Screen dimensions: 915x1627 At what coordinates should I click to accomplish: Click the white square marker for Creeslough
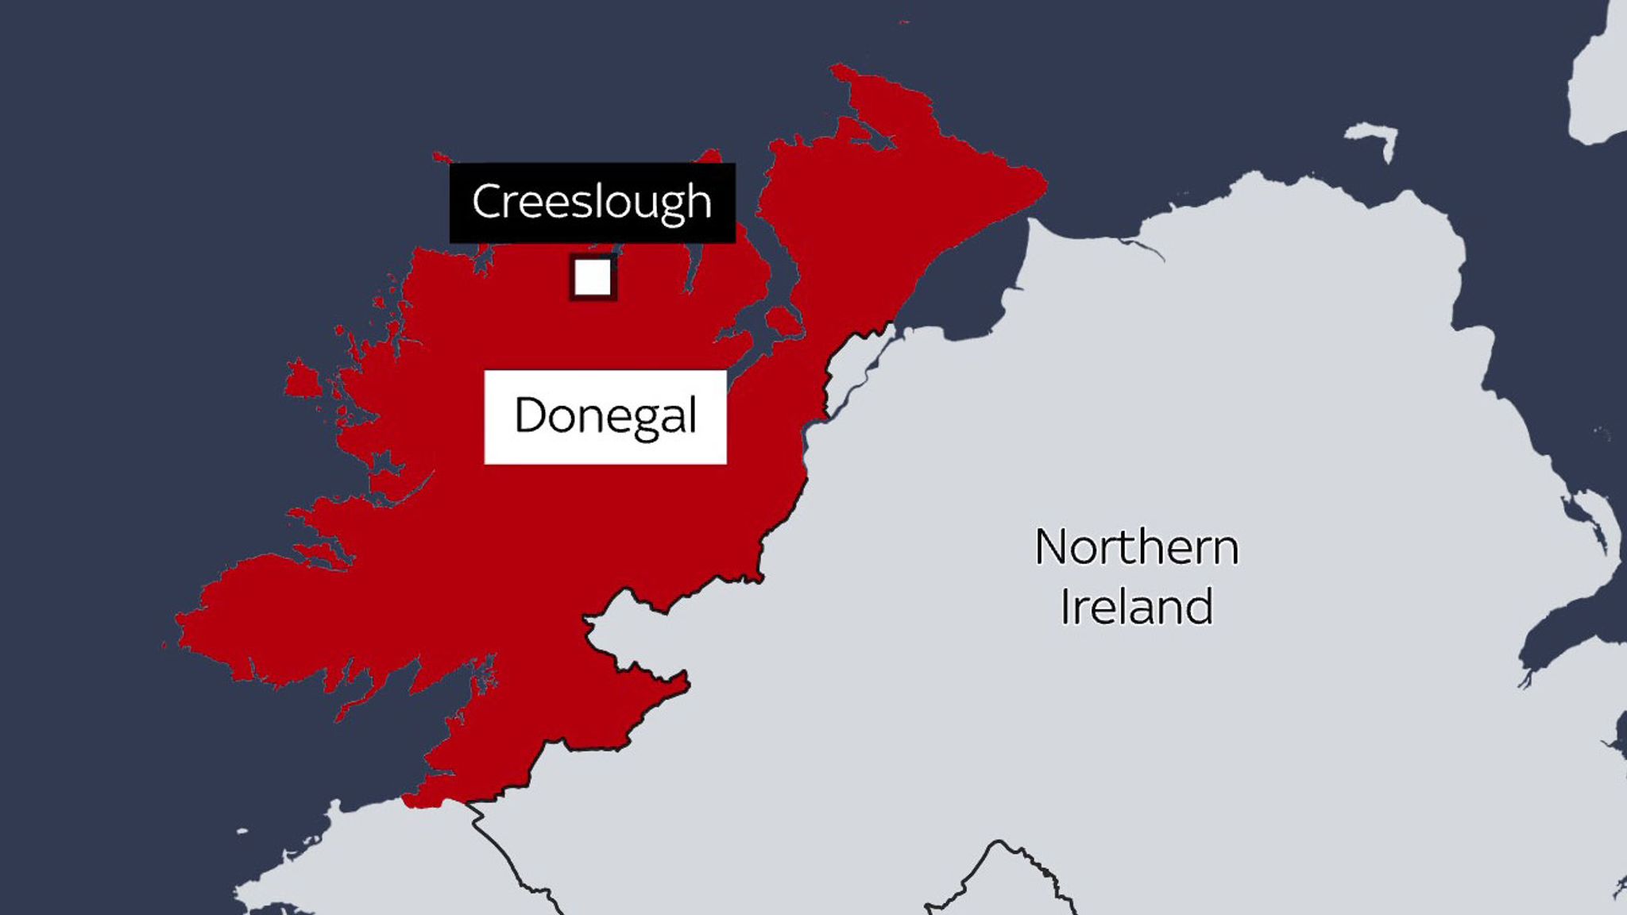click(x=593, y=277)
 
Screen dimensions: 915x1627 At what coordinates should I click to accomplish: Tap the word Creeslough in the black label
click(x=592, y=202)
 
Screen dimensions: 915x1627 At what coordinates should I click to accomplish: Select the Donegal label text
click(x=605, y=415)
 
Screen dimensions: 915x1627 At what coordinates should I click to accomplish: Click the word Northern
click(x=1136, y=547)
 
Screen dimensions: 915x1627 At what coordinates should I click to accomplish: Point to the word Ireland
click(x=1136, y=607)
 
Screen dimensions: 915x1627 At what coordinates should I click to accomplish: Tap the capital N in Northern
click(x=1053, y=547)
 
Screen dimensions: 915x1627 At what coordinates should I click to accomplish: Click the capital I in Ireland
click(x=1066, y=607)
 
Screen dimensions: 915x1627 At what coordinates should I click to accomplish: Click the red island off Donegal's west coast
click(x=302, y=380)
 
